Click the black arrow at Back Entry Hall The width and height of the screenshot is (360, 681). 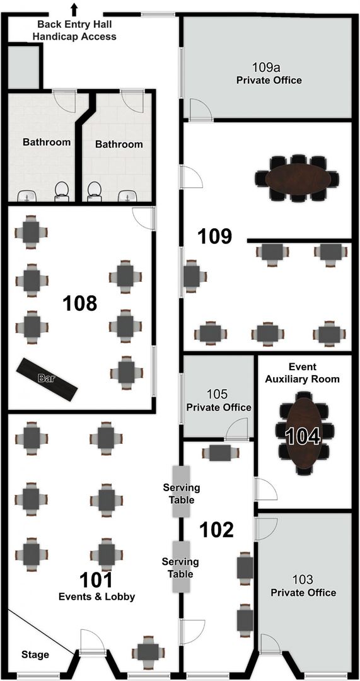pyautogui.click(x=74, y=9)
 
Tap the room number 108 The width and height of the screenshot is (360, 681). pyautogui.click(x=80, y=303)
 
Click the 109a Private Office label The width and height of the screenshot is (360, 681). pyautogui.click(x=269, y=74)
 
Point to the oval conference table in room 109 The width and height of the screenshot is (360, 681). pyautogui.click(x=296, y=178)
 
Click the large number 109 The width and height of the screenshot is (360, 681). pyautogui.click(x=215, y=236)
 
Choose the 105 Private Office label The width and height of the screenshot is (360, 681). pyautogui.click(x=218, y=401)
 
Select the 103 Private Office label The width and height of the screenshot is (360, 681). pyautogui.click(x=303, y=586)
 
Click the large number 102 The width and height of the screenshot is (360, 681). pyautogui.click(x=217, y=530)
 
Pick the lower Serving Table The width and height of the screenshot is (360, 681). pyautogui.click(x=182, y=567)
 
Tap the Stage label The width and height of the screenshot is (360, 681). pyautogui.click(x=35, y=655)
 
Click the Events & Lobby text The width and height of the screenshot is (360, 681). pyautogui.click(x=97, y=597)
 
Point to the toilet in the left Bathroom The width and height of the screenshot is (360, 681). pyautogui.click(x=61, y=190)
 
